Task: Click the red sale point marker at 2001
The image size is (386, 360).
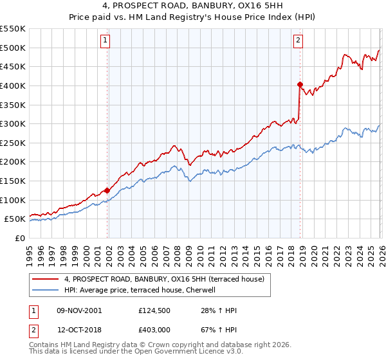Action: [x=107, y=190]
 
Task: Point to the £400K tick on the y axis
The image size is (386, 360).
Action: [x=14, y=85]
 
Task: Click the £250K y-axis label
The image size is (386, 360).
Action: [x=14, y=143]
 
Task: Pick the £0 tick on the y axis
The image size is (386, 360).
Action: [x=20, y=238]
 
